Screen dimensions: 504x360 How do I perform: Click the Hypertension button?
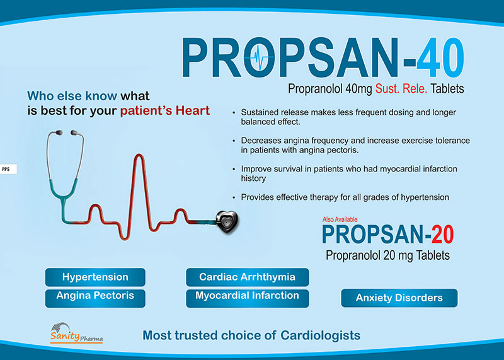coord(95,277)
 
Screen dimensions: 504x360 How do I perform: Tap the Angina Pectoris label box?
coord(95,298)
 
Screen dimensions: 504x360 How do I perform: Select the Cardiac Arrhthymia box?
coord(247,277)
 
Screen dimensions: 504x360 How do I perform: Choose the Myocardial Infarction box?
coord(247,298)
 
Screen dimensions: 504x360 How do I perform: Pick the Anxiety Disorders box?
coord(399,298)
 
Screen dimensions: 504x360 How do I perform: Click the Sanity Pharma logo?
coord(76,333)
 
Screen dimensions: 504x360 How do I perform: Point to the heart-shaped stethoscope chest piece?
coord(227,222)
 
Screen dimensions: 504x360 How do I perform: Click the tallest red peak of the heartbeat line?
coord(139,155)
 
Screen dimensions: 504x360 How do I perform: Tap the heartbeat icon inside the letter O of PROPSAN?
coord(259,57)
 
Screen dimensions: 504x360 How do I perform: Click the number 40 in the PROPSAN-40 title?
coord(440,57)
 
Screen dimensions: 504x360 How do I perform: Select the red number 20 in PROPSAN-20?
coord(443,234)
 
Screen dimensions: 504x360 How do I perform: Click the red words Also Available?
coord(340,219)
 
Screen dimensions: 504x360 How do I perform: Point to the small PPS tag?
coord(8,169)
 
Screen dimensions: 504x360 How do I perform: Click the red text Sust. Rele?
coord(401,88)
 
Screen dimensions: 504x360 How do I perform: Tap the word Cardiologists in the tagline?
coord(320,335)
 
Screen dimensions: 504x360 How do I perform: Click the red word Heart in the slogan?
coord(192,111)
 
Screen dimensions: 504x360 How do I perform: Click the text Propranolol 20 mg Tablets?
coord(387,255)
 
